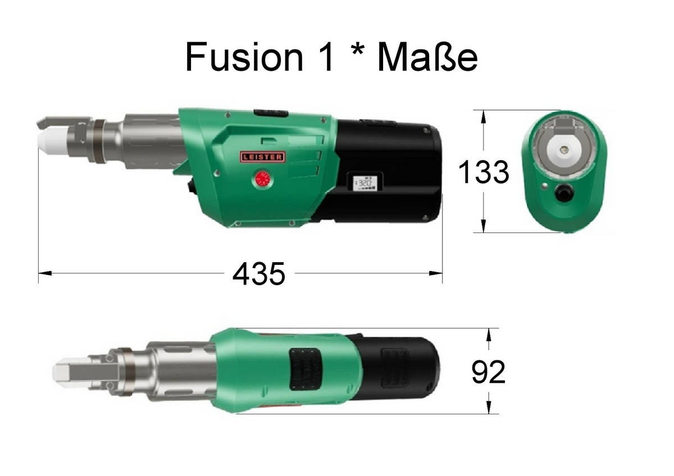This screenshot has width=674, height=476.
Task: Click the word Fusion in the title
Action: coord(244,57)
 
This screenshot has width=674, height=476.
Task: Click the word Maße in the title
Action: coord(427,57)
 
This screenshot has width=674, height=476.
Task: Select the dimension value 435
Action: coord(259,273)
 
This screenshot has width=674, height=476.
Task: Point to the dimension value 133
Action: coord(484,172)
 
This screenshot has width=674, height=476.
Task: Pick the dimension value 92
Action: coord(488,372)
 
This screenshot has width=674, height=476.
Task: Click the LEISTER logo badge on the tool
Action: coord(262,157)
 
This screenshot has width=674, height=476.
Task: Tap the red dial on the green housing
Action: coord(263,180)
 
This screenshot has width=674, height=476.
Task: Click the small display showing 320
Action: coord(365,184)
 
